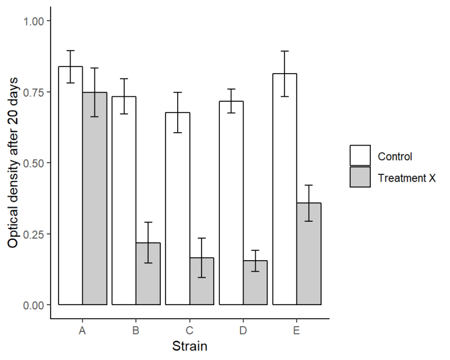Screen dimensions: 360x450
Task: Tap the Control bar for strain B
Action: coord(124,200)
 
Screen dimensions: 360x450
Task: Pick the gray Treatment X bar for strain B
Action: coord(148,274)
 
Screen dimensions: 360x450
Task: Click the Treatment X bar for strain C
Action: coord(202,281)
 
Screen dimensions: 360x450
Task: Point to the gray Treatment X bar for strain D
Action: coord(255,283)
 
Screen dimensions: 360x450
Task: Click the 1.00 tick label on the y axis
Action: coord(33,21)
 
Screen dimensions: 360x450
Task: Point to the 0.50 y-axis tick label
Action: coord(33,163)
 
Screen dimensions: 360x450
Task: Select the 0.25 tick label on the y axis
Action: coord(33,234)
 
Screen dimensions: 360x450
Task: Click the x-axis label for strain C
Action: coord(189,330)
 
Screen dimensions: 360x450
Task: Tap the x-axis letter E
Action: coord(297,330)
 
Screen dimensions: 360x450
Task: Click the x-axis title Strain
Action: coord(189,347)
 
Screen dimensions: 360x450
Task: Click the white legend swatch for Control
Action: coord(360,156)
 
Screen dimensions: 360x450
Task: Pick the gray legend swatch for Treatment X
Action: coord(360,177)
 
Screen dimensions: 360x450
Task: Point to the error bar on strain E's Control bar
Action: coord(284,74)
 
